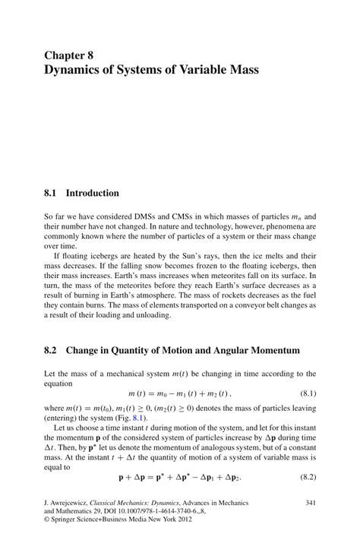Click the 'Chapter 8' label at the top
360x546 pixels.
(x=69, y=55)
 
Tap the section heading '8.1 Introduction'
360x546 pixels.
(x=81, y=193)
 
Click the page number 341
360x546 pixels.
(x=310, y=503)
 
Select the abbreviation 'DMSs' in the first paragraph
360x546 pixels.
(x=142, y=216)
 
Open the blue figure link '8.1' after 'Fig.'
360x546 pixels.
(x=138, y=418)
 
